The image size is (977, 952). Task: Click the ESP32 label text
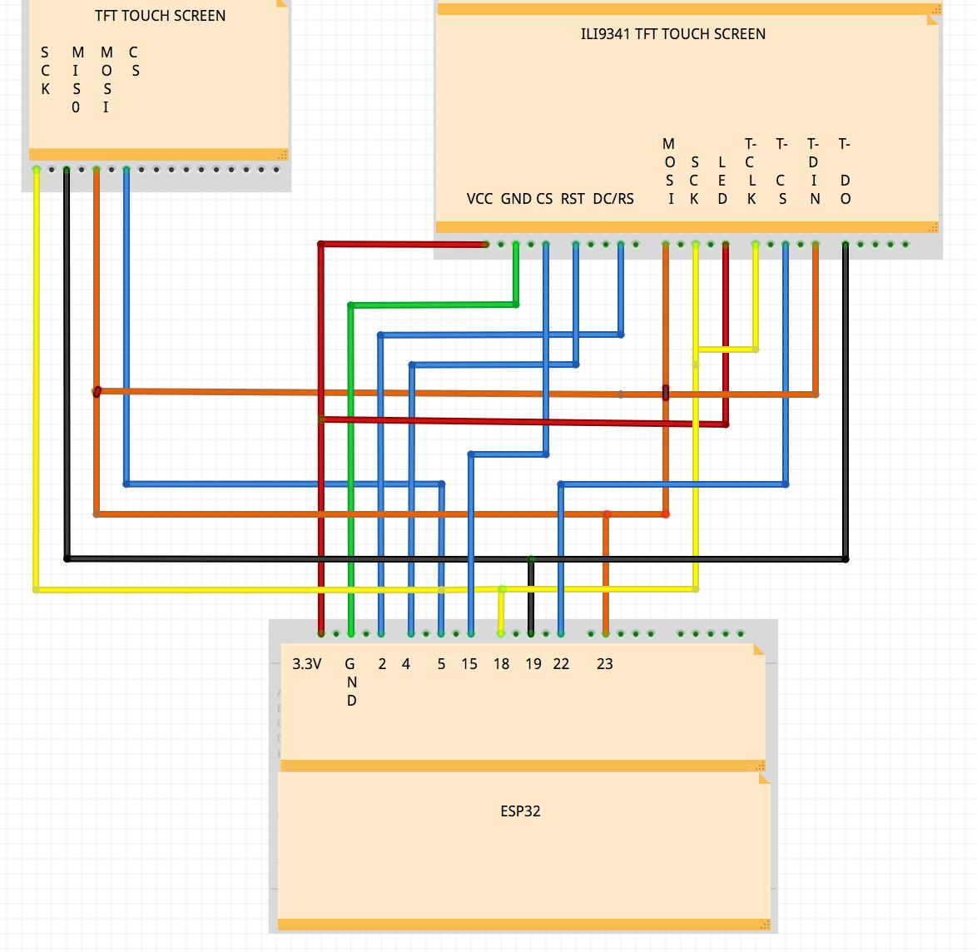(520, 811)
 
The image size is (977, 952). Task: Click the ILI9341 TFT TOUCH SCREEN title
(672, 34)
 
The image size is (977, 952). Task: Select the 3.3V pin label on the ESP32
(306, 664)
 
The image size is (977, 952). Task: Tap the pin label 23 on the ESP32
(604, 664)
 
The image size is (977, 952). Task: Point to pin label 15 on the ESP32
(469, 664)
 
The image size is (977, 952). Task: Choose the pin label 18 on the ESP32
(501, 664)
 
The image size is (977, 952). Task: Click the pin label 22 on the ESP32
(561, 664)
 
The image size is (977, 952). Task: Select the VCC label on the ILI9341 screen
(479, 199)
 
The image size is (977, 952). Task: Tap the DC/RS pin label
(613, 199)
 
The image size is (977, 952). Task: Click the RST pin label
(573, 199)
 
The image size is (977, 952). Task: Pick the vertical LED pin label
(722, 180)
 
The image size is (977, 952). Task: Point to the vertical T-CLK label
(751, 171)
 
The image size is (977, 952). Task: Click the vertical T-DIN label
(814, 171)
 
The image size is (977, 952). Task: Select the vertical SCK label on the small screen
(45, 71)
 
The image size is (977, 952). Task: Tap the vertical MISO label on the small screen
(77, 80)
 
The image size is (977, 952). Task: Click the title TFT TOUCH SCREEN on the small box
(160, 16)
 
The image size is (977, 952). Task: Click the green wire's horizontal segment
(433, 305)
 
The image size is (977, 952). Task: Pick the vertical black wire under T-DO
(846, 399)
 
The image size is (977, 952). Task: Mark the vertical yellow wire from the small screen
(36, 374)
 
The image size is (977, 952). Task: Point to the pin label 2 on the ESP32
(382, 664)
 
